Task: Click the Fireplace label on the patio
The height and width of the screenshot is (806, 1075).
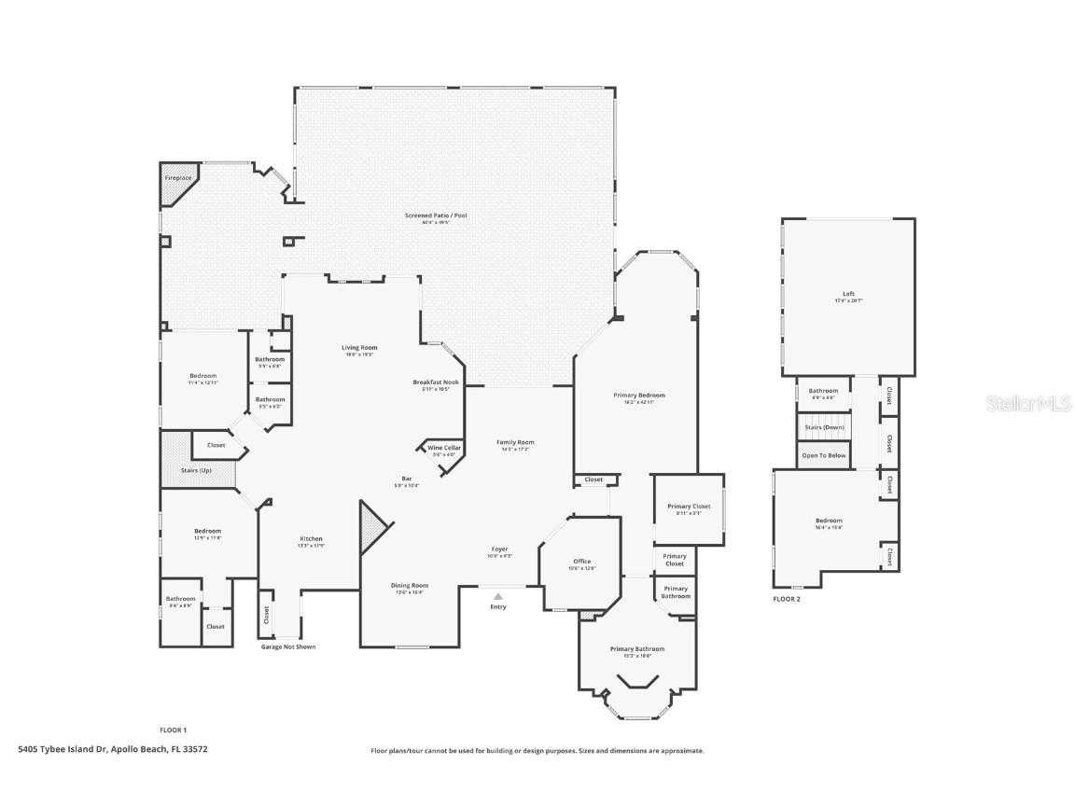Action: click(178, 177)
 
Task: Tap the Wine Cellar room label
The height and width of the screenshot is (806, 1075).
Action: click(444, 449)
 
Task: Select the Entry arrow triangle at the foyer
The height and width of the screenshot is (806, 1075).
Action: click(498, 595)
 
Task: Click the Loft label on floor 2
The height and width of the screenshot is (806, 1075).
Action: click(848, 294)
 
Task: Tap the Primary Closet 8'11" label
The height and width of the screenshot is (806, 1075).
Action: click(689, 507)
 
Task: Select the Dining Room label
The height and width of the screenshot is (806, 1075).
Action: click(409, 586)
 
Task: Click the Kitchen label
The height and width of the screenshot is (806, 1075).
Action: click(311, 538)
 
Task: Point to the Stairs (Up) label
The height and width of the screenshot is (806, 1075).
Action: click(196, 470)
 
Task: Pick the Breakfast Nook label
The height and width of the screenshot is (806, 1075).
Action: click(436, 382)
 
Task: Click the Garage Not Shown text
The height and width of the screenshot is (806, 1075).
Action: click(287, 646)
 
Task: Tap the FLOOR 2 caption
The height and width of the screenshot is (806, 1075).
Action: click(787, 599)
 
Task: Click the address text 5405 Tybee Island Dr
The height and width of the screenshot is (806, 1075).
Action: click(113, 749)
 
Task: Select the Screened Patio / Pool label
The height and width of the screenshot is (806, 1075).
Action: click(436, 215)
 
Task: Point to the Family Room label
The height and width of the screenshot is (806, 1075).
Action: click(515, 442)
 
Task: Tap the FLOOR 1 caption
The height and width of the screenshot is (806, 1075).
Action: click(174, 730)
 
